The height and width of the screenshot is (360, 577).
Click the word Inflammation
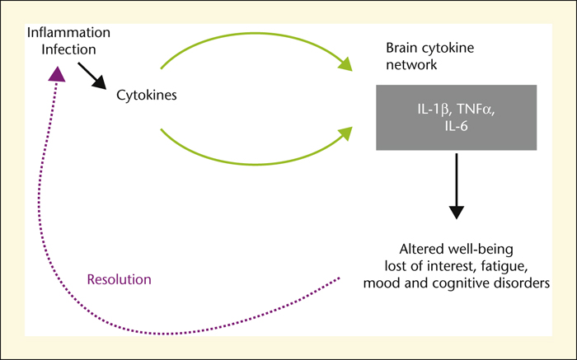(x=68, y=32)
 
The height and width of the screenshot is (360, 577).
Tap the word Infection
(x=68, y=49)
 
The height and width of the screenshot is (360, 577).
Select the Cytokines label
(x=147, y=95)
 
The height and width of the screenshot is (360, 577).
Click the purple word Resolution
(x=119, y=279)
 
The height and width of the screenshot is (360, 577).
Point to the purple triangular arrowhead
(x=57, y=74)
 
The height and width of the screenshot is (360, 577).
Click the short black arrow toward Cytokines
(x=91, y=76)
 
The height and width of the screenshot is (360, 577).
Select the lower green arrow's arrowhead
(x=345, y=133)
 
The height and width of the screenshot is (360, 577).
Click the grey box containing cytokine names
(x=457, y=118)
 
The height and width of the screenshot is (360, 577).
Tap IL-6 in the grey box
(x=457, y=127)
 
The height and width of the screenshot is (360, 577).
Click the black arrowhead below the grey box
(x=457, y=213)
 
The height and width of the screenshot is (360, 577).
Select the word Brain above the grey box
(x=401, y=48)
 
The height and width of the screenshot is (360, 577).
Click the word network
(x=411, y=65)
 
